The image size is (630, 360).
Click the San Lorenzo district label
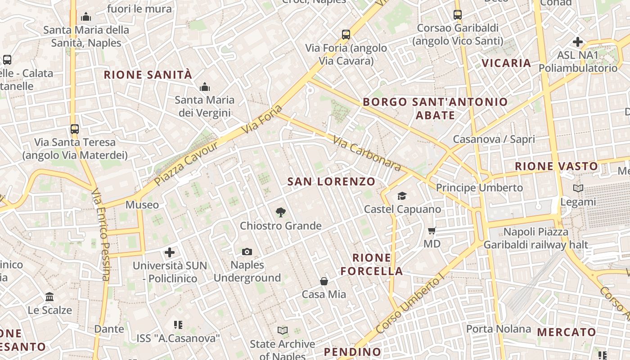coord(331,181)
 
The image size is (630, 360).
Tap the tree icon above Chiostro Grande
coord(281,212)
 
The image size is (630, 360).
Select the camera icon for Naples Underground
coord(247,252)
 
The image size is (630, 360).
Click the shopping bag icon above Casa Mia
coord(324,281)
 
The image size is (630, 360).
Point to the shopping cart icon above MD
coord(432,231)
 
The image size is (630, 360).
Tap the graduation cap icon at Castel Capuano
coord(402,196)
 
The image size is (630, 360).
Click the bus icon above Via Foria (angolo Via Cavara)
coord(346,35)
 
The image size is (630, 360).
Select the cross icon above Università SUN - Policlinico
coord(170,252)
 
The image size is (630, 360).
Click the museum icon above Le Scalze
coord(49,297)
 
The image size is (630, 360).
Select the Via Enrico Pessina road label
coord(101,234)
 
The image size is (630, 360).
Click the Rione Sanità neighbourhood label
coord(148,75)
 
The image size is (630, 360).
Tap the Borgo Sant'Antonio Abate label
coord(435,108)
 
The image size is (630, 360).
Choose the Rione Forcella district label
coord(372,265)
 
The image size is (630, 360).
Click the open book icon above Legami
coord(578,189)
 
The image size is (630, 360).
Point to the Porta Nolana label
coord(498,329)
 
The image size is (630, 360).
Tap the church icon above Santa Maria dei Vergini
coord(205,86)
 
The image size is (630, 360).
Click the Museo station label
coord(142,205)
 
